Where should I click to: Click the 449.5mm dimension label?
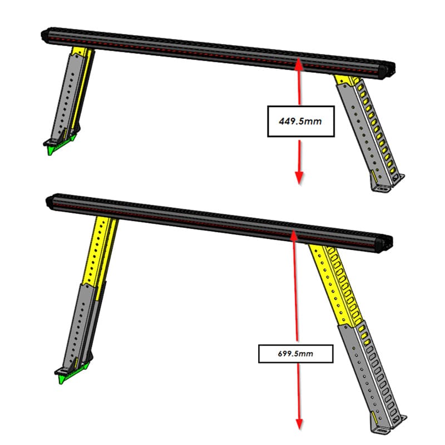pyautogui.click(x=300, y=121)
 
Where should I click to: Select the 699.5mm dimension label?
pyautogui.click(x=295, y=353)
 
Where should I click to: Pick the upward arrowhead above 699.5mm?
pyautogui.click(x=293, y=236)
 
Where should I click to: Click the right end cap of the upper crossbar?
pyautogui.click(x=385, y=70)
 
